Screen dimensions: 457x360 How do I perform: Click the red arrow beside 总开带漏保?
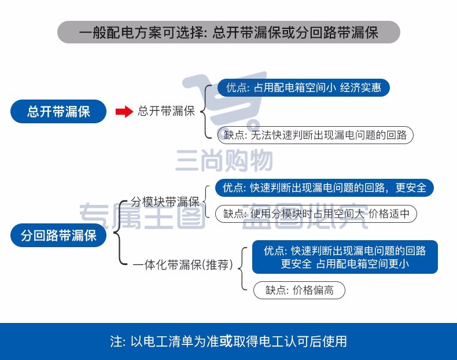124,111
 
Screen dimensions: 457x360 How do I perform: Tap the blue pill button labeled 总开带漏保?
58,111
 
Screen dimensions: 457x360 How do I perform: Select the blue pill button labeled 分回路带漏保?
58,235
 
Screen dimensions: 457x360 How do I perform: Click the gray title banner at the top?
228,32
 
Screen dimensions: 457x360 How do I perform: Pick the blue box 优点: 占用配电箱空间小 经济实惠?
303,87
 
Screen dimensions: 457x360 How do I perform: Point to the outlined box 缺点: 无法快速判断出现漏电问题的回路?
315,135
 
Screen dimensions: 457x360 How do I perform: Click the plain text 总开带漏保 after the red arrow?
166,111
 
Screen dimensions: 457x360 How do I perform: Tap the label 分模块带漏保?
165,201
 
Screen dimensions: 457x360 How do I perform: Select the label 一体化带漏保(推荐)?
183,265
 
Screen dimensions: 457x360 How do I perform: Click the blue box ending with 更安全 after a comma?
325,188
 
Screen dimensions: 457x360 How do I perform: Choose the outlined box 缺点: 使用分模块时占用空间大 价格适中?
316,214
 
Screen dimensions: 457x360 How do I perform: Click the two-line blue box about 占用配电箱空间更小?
345,257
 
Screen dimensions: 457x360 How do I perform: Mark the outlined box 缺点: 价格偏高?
299,290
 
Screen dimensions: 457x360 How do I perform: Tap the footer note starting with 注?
228,341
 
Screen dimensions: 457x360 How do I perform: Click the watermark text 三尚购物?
224,160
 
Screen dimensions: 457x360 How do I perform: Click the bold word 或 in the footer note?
226,341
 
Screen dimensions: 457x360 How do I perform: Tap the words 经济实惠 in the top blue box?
360,87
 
